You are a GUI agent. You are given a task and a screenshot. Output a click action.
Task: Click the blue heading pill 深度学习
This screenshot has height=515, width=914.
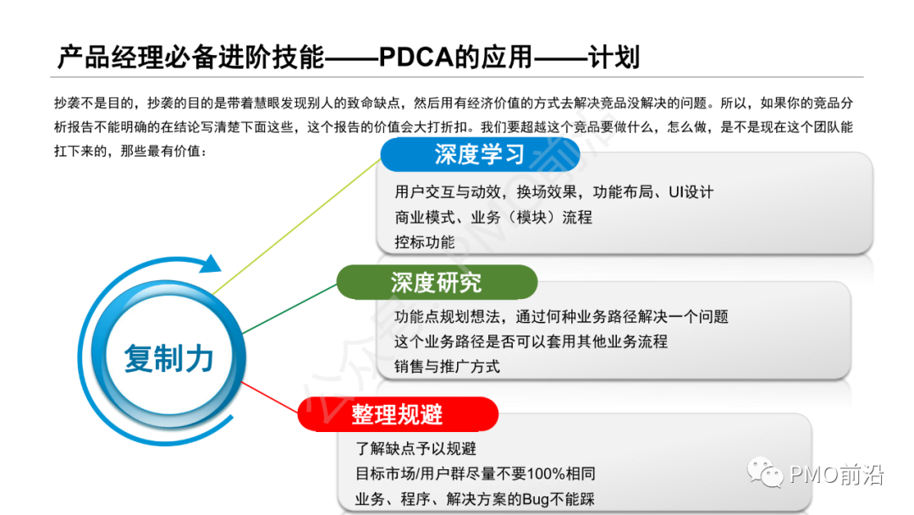[x=479, y=155]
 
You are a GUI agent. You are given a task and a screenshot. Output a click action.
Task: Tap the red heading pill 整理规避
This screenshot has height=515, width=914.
[x=397, y=414]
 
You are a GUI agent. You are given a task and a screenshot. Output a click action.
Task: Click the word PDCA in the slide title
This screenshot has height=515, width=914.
[x=417, y=58]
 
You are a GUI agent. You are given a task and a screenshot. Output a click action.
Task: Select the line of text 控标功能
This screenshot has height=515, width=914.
[x=424, y=241]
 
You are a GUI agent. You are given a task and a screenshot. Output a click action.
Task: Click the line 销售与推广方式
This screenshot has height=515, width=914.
[x=447, y=366]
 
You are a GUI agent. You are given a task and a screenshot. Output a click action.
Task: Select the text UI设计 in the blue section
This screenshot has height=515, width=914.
[x=691, y=192]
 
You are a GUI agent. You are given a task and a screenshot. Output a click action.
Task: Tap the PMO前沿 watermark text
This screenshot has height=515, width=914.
[x=836, y=475]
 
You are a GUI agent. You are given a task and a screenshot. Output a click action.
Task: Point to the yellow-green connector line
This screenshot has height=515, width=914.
[x=296, y=224]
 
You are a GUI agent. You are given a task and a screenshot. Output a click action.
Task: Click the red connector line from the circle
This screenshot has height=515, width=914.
[x=271, y=401]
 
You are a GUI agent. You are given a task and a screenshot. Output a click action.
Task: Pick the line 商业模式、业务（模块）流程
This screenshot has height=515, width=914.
[x=493, y=217]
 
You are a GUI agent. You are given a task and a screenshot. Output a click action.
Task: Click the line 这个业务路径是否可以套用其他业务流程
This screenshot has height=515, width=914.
[x=531, y=341]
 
